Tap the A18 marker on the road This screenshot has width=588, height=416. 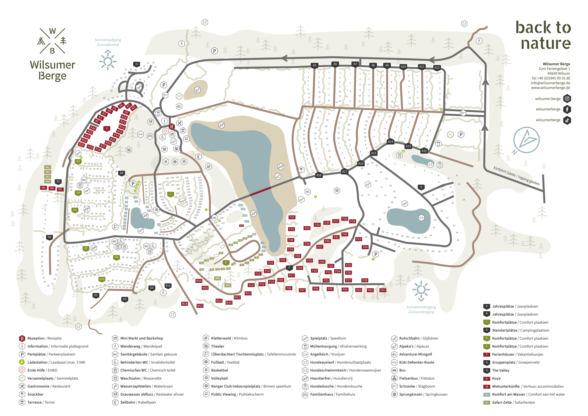[x=319, y=175]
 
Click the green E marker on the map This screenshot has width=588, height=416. [x=226, y=262]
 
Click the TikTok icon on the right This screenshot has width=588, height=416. [x=567, y=120]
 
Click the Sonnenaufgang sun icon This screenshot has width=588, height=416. [x=108, y=60]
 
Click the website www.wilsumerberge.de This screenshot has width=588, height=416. [x=550, y=88]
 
